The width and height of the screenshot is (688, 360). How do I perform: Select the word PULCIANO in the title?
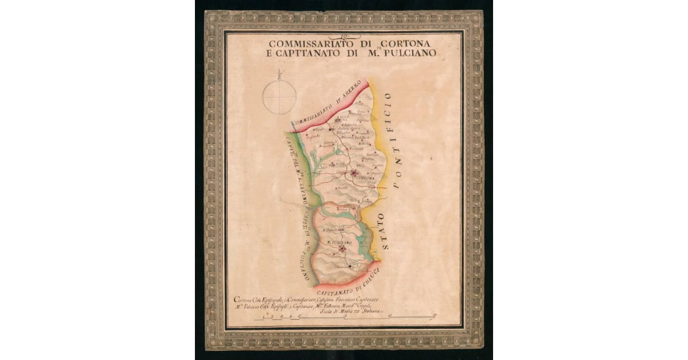click(x=410, y=53)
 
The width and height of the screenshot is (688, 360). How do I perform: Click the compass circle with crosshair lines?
click(x=279, y=96)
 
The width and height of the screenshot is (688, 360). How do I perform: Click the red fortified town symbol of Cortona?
click(x=355, y=173)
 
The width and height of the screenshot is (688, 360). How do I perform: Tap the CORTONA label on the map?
click(x=365, y=178)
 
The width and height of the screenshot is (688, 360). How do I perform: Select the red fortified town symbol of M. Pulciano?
click(x=342, y=249)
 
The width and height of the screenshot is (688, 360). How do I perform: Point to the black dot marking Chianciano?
click(x=350, y=266)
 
